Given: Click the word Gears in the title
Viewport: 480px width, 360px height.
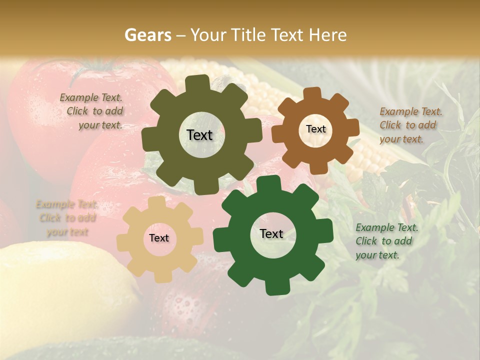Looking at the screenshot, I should pyautogui.click(x=147, y=35).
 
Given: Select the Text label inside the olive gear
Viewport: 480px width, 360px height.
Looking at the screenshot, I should pyautogui.click(x=199, y=135).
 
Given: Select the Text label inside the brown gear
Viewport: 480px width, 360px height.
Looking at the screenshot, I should pyautogui.click(x=315, y=129).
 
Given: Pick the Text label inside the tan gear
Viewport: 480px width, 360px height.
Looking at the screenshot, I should pyautogui.click(x=159, y=238).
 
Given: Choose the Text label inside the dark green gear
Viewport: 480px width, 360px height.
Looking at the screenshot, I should pyautogui.click(x=271, y=233).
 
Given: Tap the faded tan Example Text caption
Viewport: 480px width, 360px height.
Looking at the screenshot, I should pyautogui.click(x=66, y=218).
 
